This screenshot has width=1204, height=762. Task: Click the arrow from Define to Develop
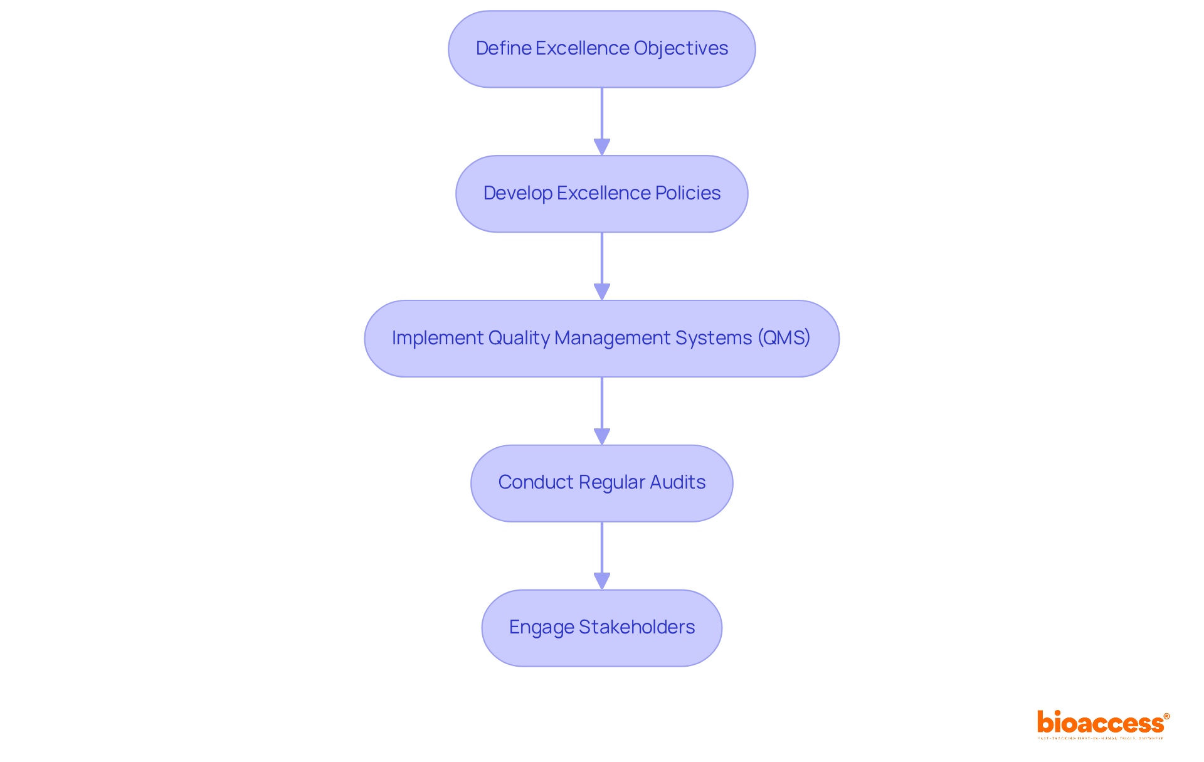602,121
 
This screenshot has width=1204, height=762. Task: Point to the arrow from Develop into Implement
602,266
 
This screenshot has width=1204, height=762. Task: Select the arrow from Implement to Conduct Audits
602,411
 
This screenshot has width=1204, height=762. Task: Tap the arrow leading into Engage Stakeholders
602,556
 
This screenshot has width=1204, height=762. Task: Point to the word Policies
688,193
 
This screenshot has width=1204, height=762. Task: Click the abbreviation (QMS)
784,338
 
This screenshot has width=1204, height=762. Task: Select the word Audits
677,482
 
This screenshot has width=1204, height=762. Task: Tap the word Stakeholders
636,627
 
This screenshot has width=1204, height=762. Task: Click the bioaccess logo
1100,723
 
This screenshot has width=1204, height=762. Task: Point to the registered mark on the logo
1166,716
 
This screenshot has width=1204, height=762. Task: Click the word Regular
611,482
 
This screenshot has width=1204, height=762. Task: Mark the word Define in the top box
503,48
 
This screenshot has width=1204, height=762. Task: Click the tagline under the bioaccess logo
1100,738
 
